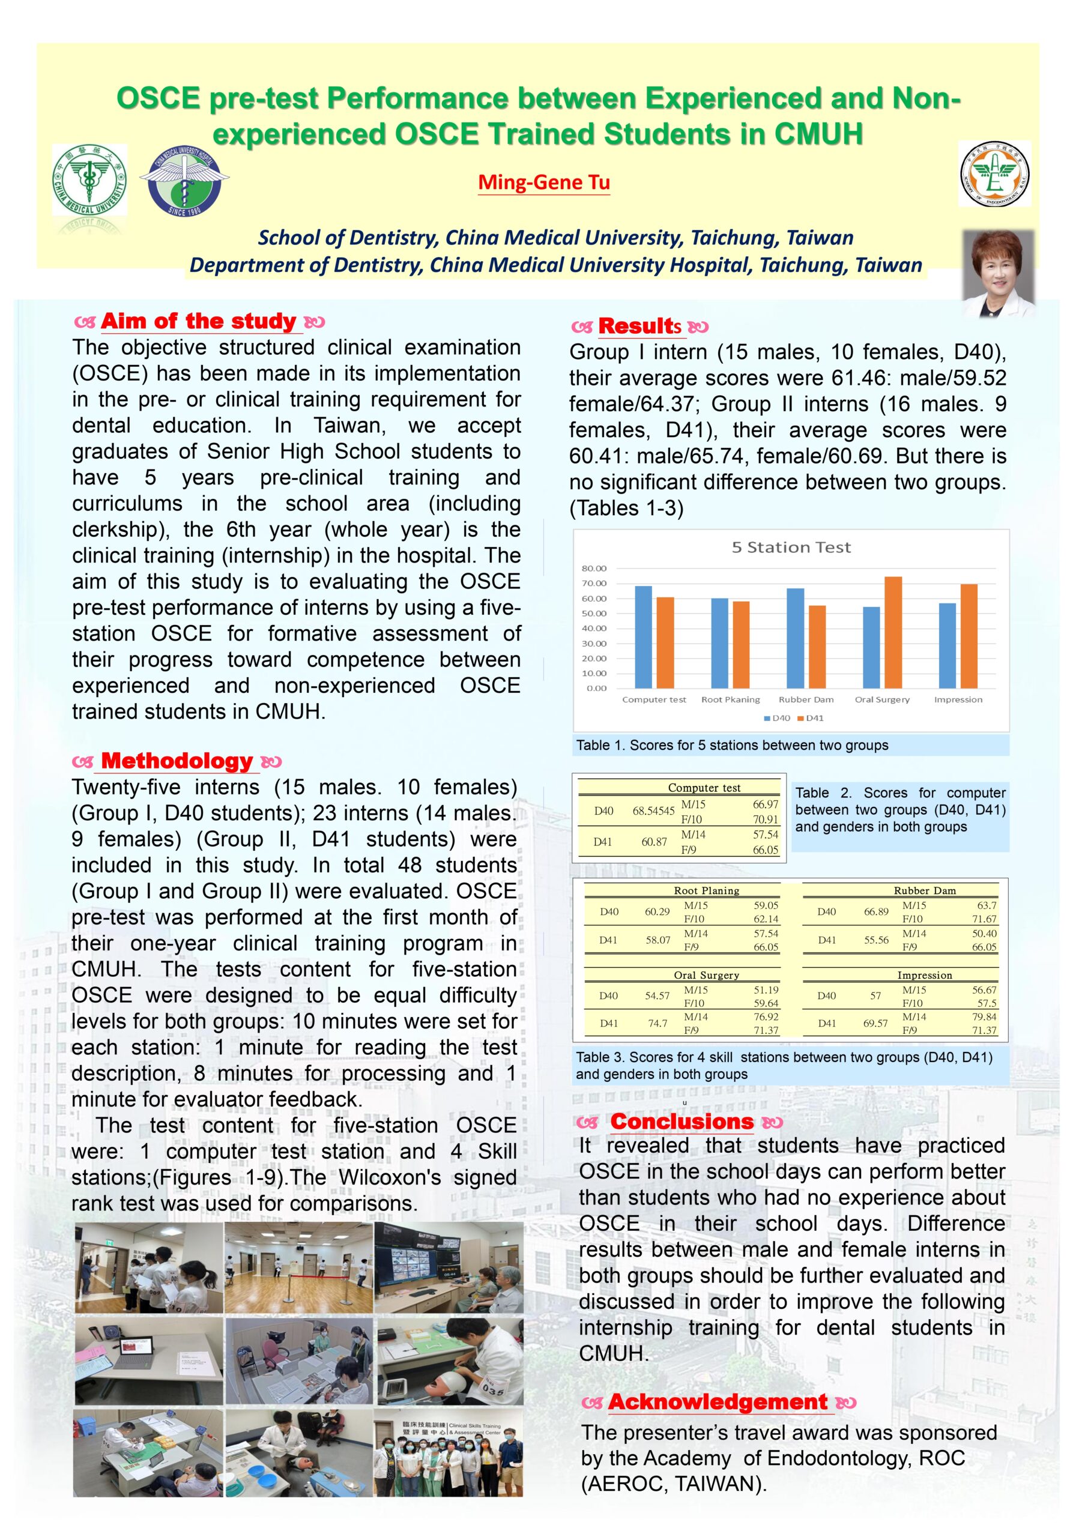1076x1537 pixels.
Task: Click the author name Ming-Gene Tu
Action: click(543, 182)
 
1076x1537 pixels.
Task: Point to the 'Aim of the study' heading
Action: click(198, 321)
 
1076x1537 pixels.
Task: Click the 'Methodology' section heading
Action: click(177, 761)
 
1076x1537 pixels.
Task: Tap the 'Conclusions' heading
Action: click(682, 1122)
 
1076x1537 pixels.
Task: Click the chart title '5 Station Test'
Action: click(791, 547)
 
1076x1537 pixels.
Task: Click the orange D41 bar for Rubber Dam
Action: click(817, 647)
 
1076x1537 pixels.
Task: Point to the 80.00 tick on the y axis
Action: click(594, 569)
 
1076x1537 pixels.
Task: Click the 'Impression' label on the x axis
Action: click(958, 699)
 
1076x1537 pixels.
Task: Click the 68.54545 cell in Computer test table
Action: click(653, 811)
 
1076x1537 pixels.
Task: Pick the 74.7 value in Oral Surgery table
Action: click(657, 1023)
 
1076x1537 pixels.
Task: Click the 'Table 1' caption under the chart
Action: click(732, 745)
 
